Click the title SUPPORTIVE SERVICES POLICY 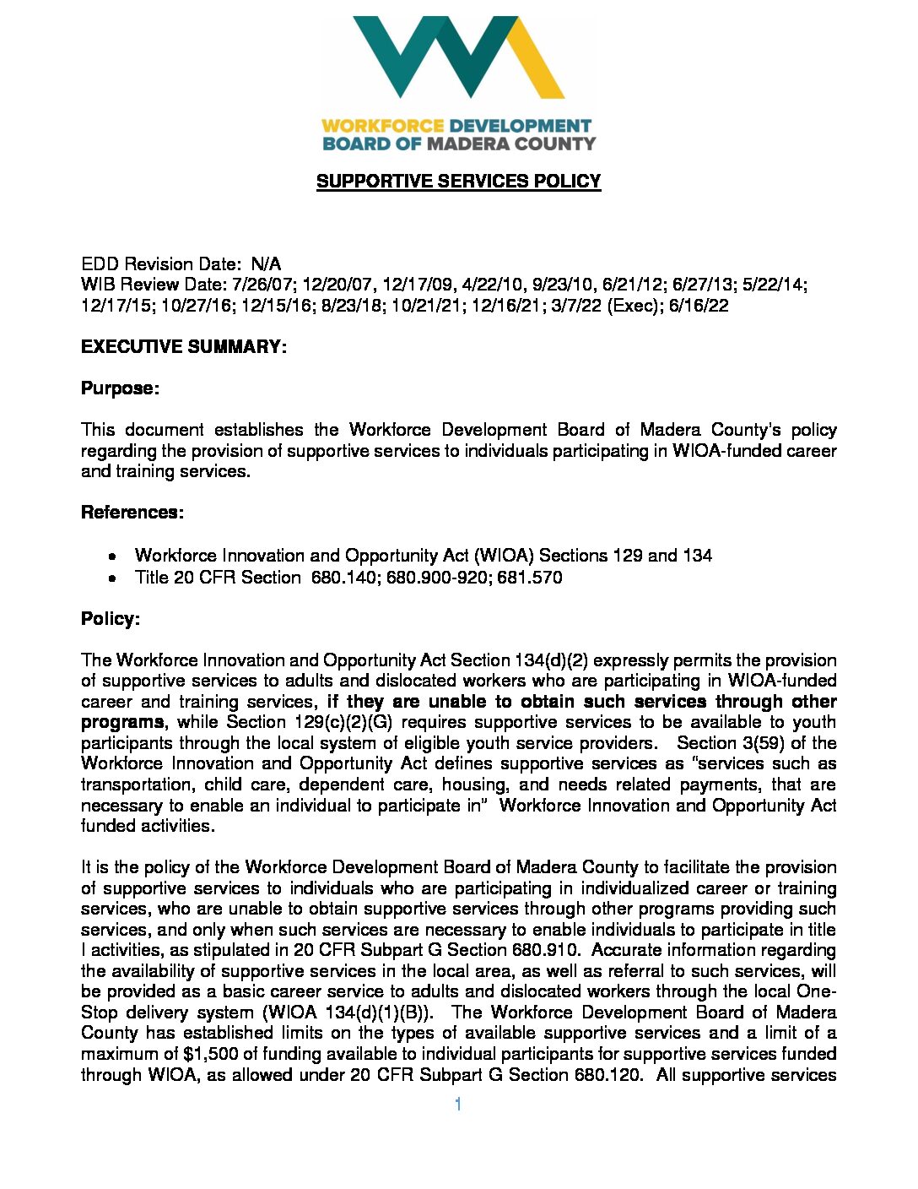458,182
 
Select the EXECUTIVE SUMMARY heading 184,347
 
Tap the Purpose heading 120,388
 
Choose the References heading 132,513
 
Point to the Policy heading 110,619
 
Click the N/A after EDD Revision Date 266,264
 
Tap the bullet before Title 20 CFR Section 112,578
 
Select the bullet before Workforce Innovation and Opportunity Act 112,556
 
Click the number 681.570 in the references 531,578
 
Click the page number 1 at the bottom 457,1105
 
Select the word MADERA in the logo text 468,144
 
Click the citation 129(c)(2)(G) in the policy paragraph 341,722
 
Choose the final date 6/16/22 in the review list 699,306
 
